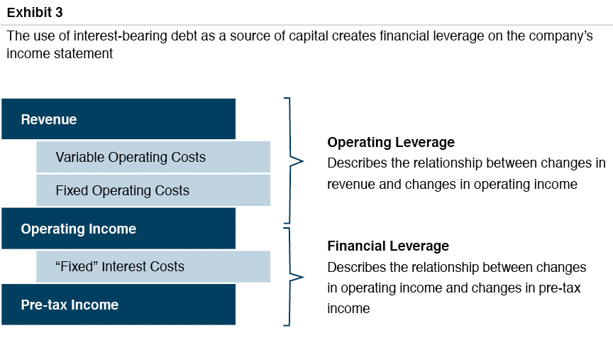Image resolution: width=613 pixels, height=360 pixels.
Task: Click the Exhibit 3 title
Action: click(x=35, y=13)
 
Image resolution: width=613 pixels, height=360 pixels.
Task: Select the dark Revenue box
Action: click(x=118, y=119)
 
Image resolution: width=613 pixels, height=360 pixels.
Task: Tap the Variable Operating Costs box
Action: click(x=153, y=157)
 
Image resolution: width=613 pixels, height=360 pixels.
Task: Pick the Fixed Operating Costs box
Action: click(x=153, y=190)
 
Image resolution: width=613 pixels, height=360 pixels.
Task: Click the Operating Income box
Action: click(x=118, y=229)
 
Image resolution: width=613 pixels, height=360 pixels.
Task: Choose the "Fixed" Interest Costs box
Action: click(x=153, y=266)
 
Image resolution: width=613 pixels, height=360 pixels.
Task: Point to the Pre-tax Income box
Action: click(x=118, y=305)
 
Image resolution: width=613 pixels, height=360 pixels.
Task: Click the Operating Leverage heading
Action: click(x=391, y=143)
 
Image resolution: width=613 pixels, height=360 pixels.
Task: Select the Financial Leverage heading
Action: click(x=388, y=246)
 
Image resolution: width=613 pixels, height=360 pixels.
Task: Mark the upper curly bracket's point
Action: click(x=303, y=160)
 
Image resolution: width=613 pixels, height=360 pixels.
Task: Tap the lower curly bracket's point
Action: click(x=304, y=277)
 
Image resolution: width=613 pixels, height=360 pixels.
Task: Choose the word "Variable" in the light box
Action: click(x=80, y=157)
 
